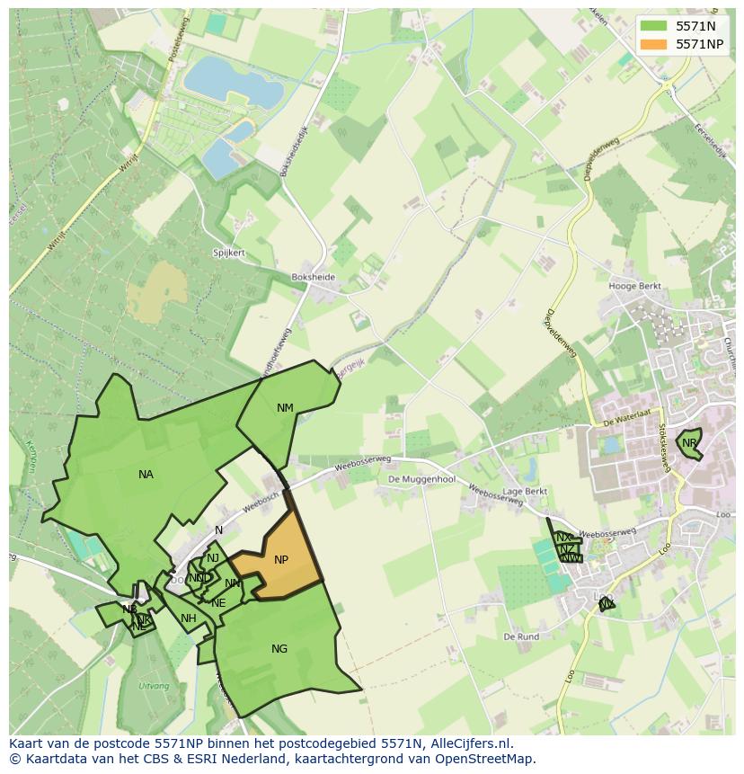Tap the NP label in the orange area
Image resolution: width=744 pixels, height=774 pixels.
pos(281,560)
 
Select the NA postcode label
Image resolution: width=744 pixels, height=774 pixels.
pos(146,475)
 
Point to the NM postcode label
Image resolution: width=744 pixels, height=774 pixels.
pos(285,408)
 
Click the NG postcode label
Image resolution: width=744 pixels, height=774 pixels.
pos(279,649)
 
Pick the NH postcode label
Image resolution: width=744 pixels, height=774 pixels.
pos(188,618)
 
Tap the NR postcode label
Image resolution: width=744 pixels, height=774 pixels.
pos(689,443)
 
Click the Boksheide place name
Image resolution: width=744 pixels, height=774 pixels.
pos(313,278)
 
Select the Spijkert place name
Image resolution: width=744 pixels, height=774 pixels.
pos(229,254)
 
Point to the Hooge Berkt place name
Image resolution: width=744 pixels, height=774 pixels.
pos(634,287)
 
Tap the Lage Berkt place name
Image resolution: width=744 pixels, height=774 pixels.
pos(525,492)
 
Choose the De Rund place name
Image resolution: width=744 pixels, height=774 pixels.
pos(521,636)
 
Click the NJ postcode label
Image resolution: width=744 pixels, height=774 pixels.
pos(213,558)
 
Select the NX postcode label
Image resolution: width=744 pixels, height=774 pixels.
pos(563,538)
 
